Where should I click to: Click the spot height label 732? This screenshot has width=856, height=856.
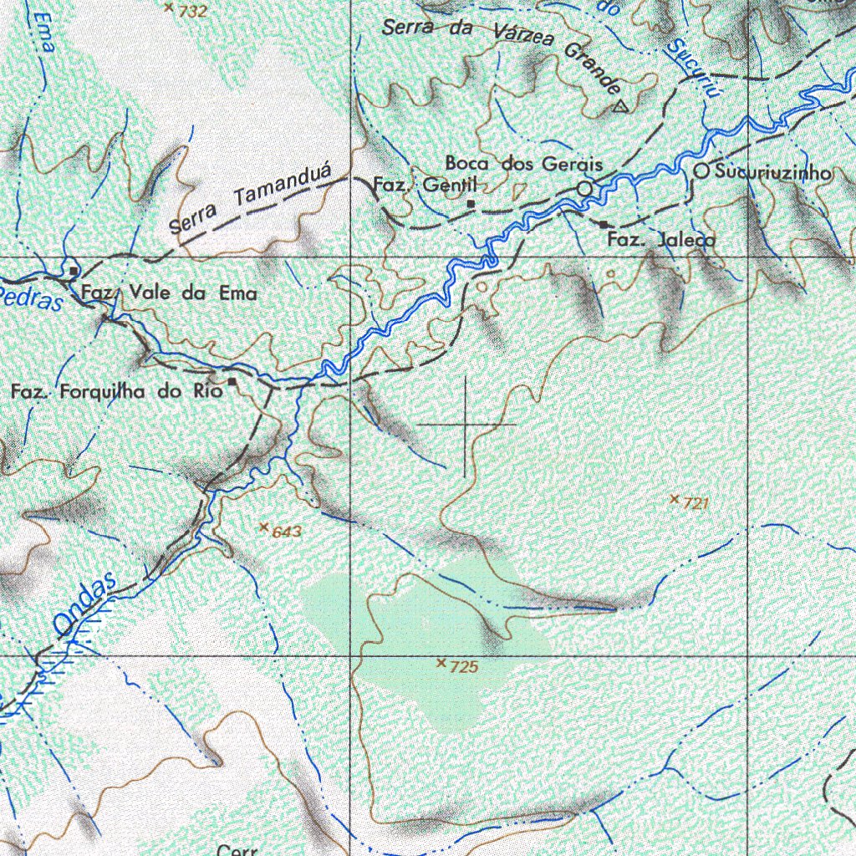tap(192, 11)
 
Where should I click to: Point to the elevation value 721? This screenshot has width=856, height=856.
tap(696, 503)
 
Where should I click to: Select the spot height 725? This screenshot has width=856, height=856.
tap(463, 667)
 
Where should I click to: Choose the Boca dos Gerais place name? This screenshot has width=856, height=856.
tap(523, 164)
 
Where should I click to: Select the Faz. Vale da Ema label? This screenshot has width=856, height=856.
tap(170, 293)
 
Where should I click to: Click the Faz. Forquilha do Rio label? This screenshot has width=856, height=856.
tap(117, 390)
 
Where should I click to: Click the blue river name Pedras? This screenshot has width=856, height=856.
tap(31, 297)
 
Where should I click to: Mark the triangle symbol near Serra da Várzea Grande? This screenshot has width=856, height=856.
tap(619, 106)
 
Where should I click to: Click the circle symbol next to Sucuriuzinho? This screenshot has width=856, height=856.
tap(702, 171)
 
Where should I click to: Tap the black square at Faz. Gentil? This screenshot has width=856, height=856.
tap(471, 203)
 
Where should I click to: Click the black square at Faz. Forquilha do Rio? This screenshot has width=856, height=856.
tap(232, 382)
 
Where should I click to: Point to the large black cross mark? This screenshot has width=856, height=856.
tap(466, 425)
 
